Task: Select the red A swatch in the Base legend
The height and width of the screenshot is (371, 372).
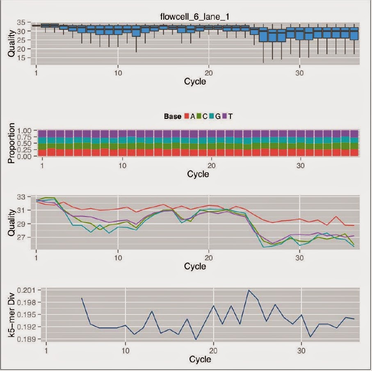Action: pyautogui.click(x=186, y=116)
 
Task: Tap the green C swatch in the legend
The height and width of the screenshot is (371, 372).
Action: pyautogui.click(x=199, y=116)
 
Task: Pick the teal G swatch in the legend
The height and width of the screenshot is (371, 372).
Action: pyautogui.click(x=211, y=116)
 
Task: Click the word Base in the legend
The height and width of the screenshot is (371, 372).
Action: pyautogui.click(x=172, y=116)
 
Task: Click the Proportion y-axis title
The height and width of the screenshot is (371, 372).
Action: pyautogui.click(x=11, y=143)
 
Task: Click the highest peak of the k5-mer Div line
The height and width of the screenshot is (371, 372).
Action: pyautogui.click(x=249, y=290)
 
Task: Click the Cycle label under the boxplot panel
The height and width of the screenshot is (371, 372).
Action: pyautogui.click(x=195, y=81)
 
